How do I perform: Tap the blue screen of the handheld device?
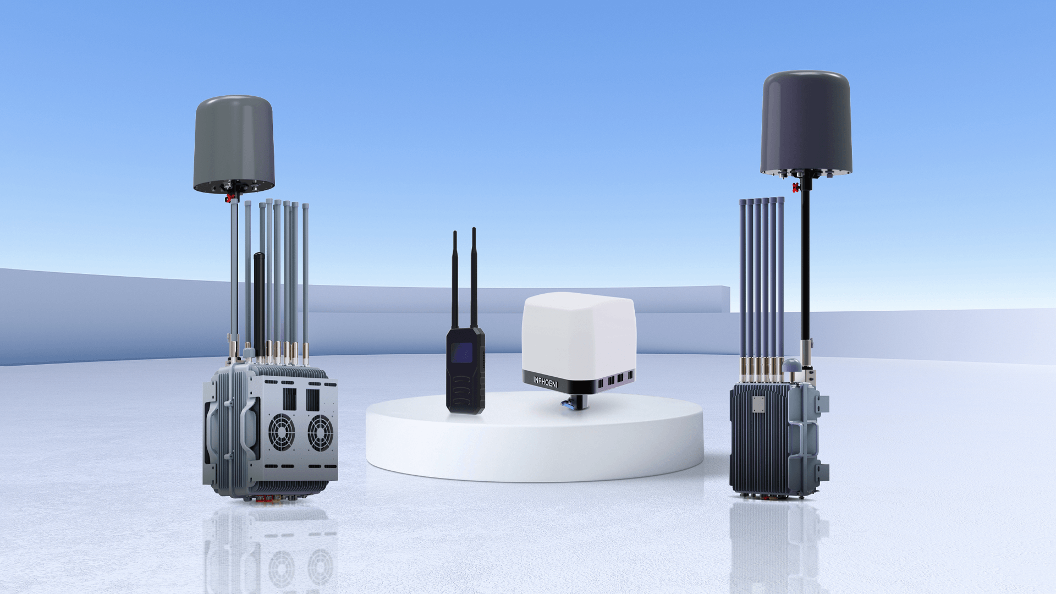pos(462,353)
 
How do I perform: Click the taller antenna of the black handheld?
pos(474,278)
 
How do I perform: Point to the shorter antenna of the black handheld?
pos(455,280)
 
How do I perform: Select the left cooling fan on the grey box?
pos(281,432)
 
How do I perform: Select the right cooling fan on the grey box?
pos(320,433)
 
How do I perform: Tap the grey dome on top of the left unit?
pos(234,144)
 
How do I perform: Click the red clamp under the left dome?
pos(229,198)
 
